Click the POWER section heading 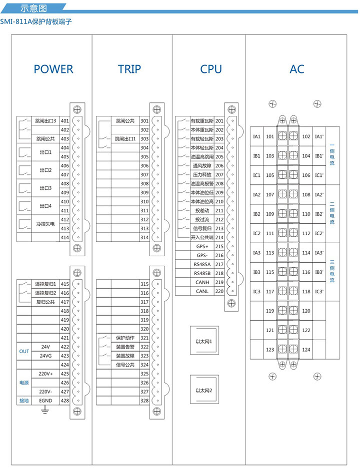pos(53,69)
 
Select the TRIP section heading pos(129,69)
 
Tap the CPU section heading pos(210,69)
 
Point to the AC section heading pos(296,69)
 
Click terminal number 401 pos(64,121)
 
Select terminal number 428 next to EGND pos(64,401)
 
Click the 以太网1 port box pos(204,342)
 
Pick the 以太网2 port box pos(204,391)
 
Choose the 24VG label pos(45,356)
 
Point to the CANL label pos(202,291)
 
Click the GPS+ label pos(202,246)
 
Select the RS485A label pos(202,264)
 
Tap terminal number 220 pos(219,291)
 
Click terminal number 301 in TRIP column pos(144,121)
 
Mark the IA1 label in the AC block pos(257,136)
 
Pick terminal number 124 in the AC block pos(306,350)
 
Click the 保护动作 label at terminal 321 pos(125,338)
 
